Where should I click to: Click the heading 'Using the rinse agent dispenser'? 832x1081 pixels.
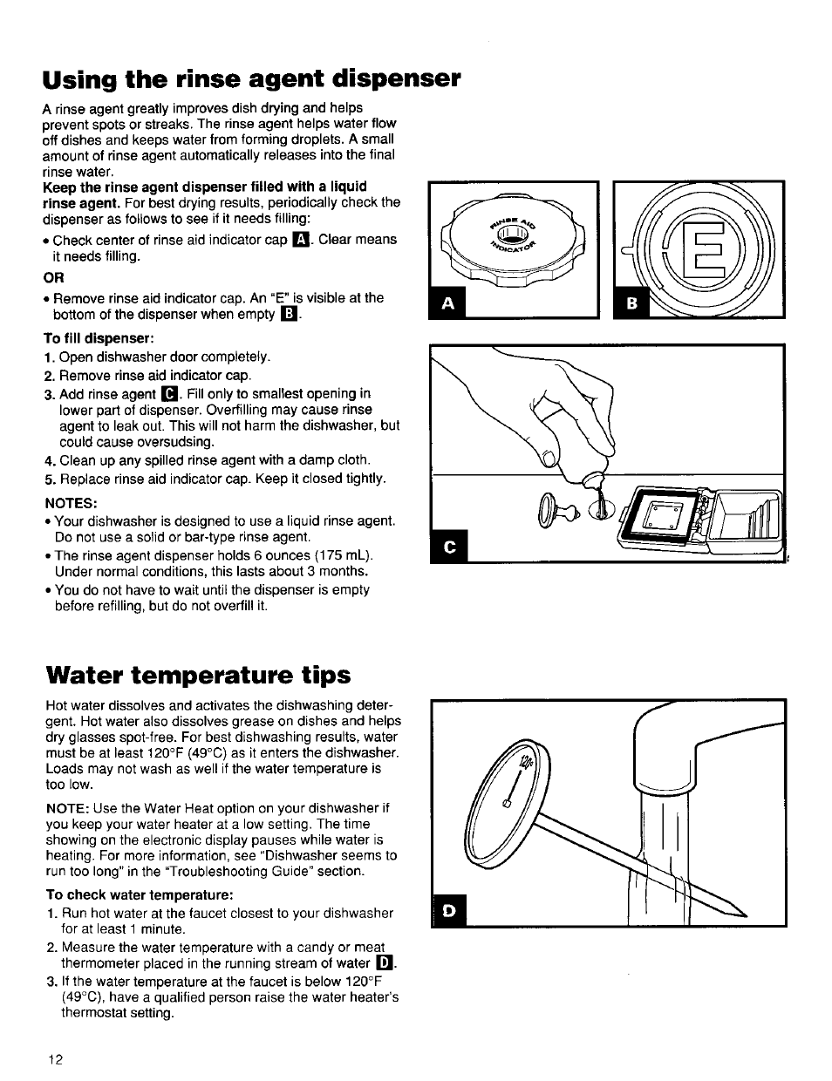[x=251, y=78]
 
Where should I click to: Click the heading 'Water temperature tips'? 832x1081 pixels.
[x=197, y=675]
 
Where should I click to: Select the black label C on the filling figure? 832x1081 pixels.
[x=450, y=546]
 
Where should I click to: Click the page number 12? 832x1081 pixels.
[x=55, y=1060]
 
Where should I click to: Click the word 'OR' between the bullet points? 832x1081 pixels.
[x=53, y=277]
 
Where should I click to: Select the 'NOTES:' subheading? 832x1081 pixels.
[x=71, y=502]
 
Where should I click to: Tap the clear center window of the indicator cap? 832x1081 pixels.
[x=516, y=234]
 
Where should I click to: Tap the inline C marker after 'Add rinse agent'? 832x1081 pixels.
[x=170, y=394]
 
